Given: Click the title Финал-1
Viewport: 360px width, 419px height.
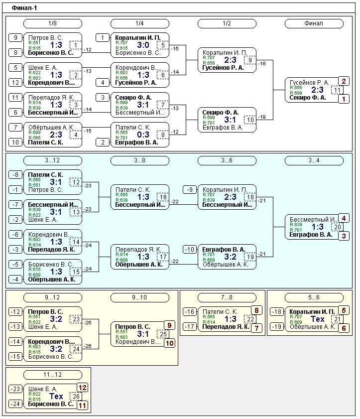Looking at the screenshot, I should (x=24, y=8).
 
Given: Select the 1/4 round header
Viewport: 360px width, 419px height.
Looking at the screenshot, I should (x=140, y=23).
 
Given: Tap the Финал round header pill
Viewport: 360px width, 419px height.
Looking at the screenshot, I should (x=314, y=23).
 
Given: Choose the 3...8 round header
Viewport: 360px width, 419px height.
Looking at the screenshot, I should (x=140, y=160).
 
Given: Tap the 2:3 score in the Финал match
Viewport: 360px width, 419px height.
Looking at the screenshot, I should (x=317, y=90).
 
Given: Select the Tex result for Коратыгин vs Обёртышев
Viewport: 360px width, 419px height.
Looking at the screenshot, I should (x=317, y=319).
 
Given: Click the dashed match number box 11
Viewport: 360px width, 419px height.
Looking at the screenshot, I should (x=337, y=90).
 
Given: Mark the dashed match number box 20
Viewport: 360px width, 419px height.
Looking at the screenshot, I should (x=337, y=227).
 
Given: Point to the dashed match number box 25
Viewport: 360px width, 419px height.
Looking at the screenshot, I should (x=163, y=333).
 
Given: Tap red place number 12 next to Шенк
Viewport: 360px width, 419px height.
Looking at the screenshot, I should (x=83, y=387).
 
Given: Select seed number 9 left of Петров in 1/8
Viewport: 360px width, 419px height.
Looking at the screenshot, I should (x=15, y=38).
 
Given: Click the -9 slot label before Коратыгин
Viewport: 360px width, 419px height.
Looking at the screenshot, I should (x=190, y=190).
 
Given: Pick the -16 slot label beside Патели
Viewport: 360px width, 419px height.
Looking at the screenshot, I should (x=190, y=312).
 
